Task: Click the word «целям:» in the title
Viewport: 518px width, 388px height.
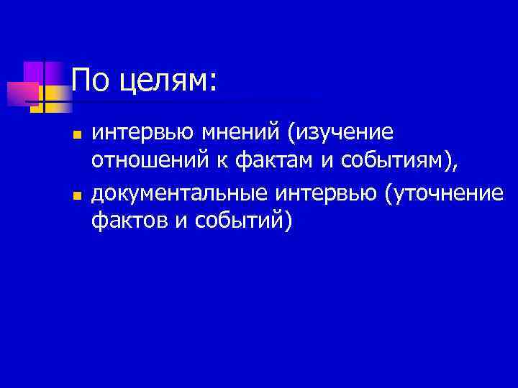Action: tap(167, 80)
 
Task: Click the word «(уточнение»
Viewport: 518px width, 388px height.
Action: tap(444, 195)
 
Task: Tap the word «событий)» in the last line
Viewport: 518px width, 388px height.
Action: tap(241, 224)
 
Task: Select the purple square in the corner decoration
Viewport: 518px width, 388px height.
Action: tap(35, 73)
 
